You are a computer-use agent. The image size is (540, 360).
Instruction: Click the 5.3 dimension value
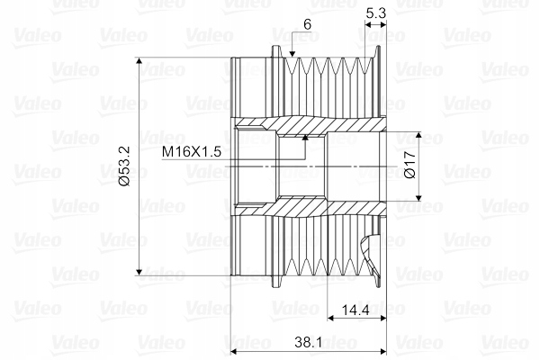point(375,13)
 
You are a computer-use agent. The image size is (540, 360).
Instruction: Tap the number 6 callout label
point(308,25)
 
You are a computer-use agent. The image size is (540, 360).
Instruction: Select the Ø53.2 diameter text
point(124,166)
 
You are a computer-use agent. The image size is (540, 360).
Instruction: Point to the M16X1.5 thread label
point(192,151)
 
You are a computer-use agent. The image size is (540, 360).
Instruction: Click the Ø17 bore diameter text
point(410,166)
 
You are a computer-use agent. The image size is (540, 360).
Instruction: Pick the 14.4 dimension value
point(355,310)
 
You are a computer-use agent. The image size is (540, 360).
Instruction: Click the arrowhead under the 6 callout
point(292,54)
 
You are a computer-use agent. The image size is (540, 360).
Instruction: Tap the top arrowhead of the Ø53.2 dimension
point(139,61)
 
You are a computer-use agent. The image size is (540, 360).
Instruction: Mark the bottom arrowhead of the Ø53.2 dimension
point(139,272)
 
